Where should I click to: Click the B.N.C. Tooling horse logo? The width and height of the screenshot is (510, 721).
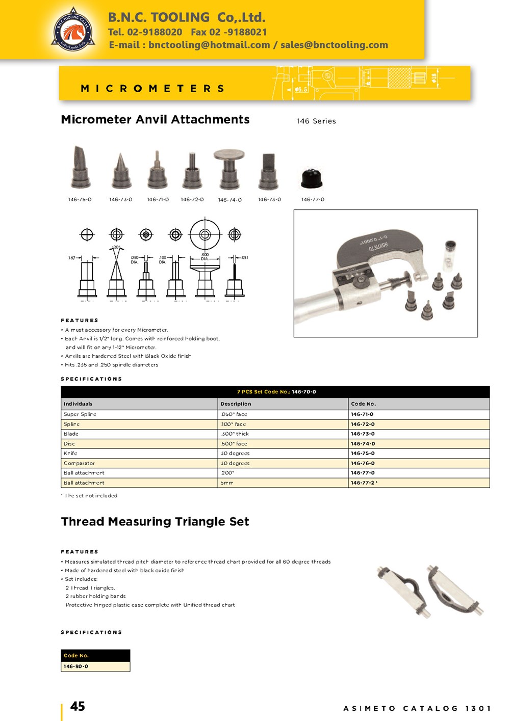[73, 30]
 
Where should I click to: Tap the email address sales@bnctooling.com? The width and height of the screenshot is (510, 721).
[334, 45]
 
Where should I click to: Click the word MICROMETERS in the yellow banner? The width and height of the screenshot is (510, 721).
[152, 89]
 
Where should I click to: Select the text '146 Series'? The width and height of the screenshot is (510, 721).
[316, 121]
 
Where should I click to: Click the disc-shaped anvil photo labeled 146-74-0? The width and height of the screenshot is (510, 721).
[229, 169]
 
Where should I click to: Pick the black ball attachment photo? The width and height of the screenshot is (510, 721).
[312, 178]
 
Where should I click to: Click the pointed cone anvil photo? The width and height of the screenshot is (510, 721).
[121, 171]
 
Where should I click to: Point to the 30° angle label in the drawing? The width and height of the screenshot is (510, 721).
[116, 247]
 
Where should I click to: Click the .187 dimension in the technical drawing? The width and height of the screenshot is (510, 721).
[71, 258]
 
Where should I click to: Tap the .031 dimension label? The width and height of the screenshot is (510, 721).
[245, 258]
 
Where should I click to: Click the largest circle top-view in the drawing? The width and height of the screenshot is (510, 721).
[205, 234]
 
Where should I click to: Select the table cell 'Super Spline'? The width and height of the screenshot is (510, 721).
[80, 414]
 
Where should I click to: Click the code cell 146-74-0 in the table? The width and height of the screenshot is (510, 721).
[363, 444]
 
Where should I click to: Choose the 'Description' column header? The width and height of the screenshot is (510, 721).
[236, 404]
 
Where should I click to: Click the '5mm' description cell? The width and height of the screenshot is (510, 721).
[227, 483]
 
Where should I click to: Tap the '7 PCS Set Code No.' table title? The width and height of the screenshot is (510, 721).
[276, 392]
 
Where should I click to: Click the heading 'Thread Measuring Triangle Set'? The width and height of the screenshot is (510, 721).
[155, 522]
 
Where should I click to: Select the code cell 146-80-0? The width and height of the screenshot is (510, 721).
[76, 666]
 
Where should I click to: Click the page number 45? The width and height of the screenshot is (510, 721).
[78, 706]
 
